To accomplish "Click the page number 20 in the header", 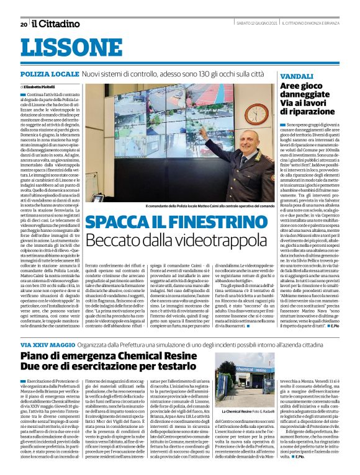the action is [24, 24].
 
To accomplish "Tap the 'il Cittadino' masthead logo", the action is [56, 24].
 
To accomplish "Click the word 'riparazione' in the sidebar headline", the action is [305, 112].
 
